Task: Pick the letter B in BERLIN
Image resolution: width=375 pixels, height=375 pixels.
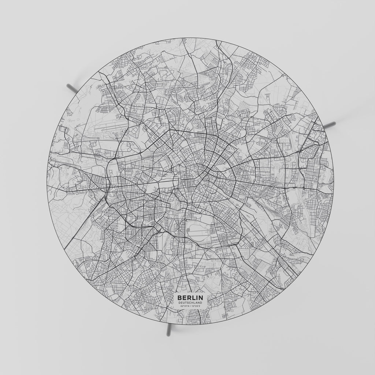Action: (x=179, y=298)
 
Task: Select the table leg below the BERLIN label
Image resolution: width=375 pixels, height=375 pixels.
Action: (x=168, y=330)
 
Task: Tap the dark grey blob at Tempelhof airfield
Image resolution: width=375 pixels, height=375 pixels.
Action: (x=188, y=230)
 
